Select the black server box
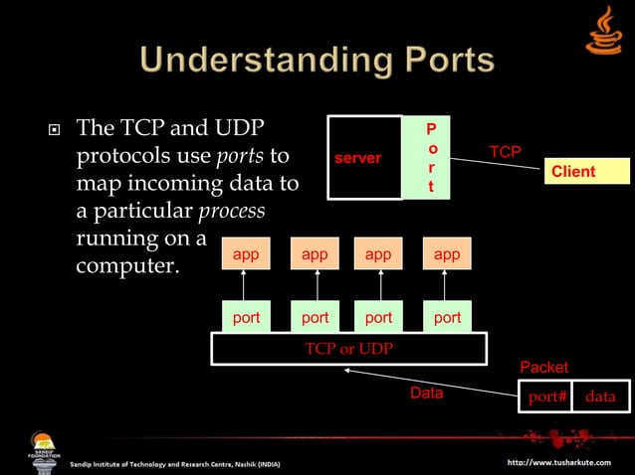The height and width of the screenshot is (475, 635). [365, 158]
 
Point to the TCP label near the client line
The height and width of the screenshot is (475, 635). [506, 152]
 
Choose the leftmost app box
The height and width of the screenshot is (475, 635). [246, 255]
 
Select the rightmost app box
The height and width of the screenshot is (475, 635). [447, 255]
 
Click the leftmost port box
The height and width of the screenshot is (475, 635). [246, 318]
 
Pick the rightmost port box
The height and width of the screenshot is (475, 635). [447, 318]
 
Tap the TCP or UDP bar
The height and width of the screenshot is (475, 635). [348, 349]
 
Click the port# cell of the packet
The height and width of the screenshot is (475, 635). [546, 396]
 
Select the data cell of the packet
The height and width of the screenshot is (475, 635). [600, 396]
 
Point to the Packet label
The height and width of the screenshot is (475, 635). [544, 369]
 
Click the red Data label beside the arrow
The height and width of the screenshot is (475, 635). [426, 394]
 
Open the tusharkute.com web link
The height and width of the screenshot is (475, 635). [565, 463]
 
